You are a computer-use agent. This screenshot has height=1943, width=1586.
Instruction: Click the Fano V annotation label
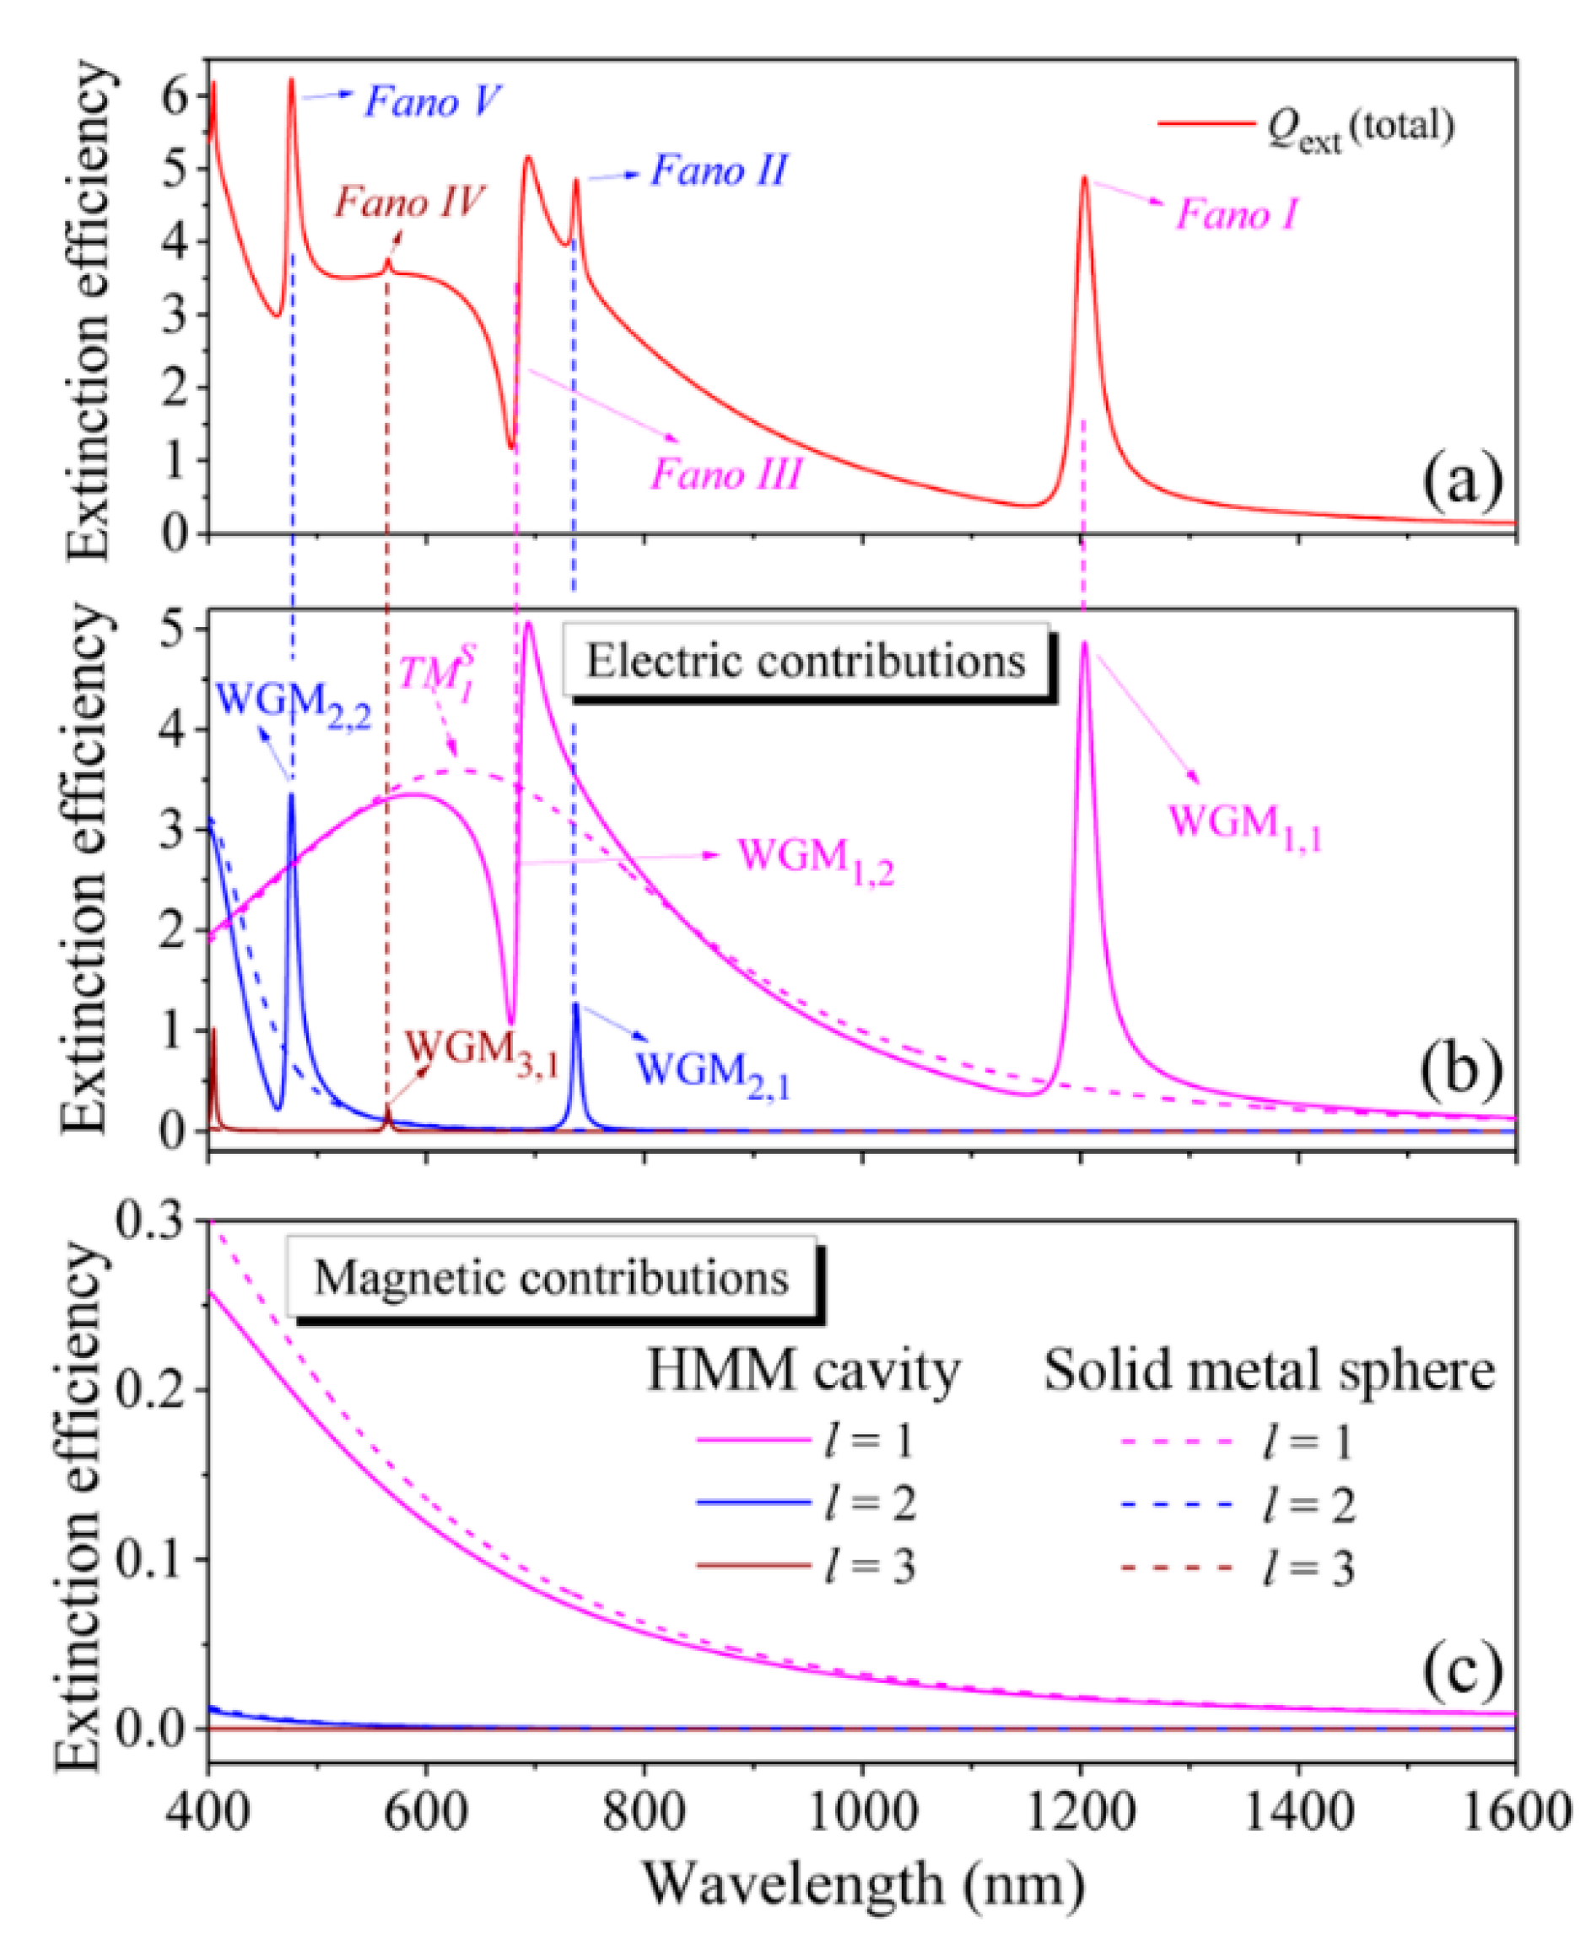[x=432, y=101]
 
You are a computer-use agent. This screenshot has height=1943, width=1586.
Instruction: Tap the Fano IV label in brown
[x=408, y=202]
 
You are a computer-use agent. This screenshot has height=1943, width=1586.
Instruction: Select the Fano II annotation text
[x=718, y=170]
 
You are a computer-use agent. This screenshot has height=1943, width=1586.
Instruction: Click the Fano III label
[x=726, y=475]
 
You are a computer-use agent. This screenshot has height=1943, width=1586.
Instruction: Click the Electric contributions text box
[x=805, y=661]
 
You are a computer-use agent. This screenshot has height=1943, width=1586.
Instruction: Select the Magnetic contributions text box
[x=551, y=1278]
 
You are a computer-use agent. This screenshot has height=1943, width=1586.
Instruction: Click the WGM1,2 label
[x=816, y=860]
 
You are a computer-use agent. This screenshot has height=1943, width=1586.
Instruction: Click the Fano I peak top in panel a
[x=1083, y=178]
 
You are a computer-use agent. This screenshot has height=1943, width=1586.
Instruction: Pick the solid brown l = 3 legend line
[x=753, y=1567]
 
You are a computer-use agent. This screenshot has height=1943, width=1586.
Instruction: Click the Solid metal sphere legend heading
[x=1269, y=1372]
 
